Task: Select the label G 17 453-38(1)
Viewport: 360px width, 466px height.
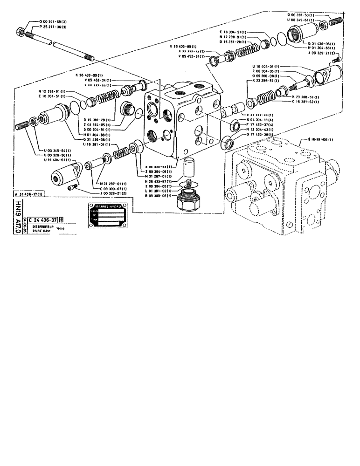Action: point(258,134)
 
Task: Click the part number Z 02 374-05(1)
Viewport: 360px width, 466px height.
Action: point(97,125)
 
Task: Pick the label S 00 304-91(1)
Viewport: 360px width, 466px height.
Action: point(97,130)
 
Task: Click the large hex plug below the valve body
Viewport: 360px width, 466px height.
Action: point(189,201)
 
